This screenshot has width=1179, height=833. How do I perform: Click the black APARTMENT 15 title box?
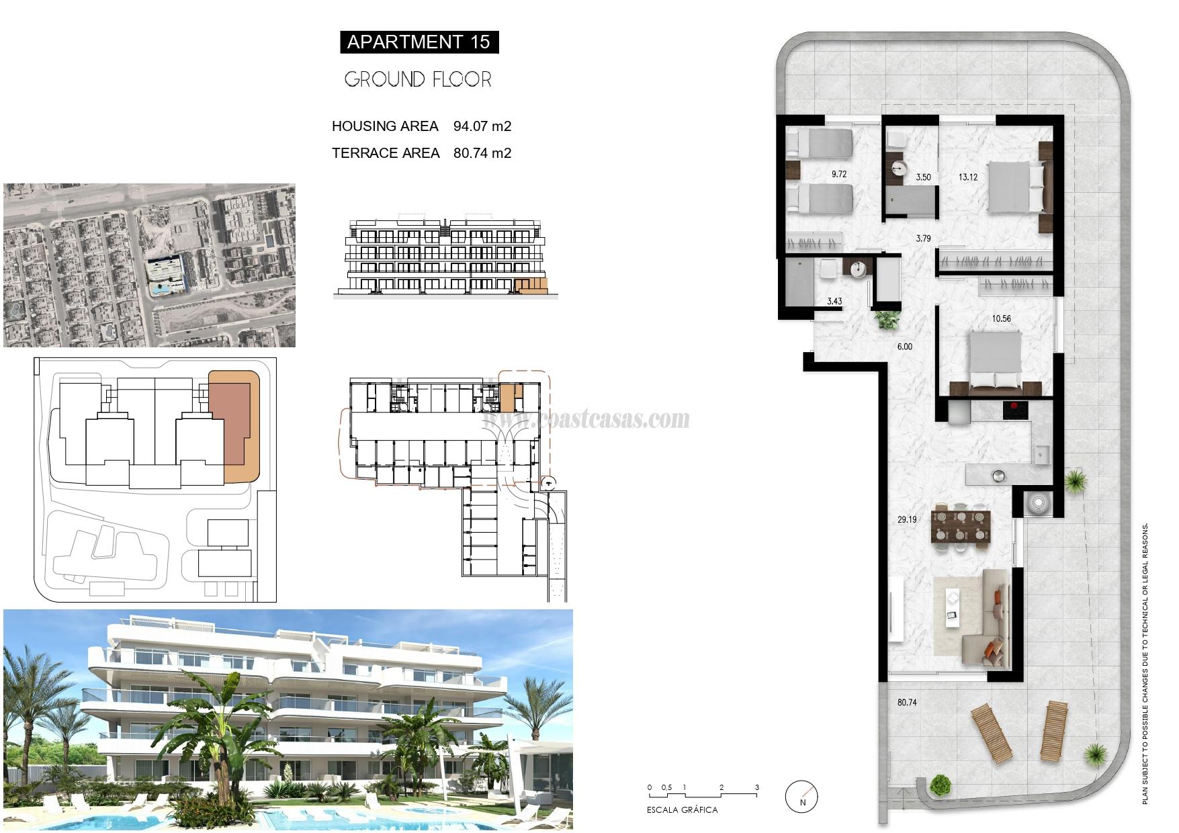coord(419,42)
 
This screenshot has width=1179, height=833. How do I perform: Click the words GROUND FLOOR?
coord(418,80)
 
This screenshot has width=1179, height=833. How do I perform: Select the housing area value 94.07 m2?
coord(482,126)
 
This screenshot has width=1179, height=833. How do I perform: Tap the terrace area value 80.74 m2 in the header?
coord(482,153)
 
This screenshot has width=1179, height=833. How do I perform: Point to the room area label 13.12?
coord(967,177)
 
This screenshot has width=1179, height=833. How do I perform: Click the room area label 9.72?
coord(838,174)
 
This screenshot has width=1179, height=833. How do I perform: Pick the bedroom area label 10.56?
coord(1001,318)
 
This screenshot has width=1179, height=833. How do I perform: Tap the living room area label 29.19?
coord(906,519)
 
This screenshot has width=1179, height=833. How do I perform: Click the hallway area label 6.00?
coord(905,347)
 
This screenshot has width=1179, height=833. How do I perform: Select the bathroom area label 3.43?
coord(834,301)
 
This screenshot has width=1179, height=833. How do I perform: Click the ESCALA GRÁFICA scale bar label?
coord(682,810)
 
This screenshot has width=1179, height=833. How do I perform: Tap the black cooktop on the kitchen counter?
coord(1017,410)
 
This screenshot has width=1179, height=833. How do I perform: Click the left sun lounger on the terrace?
coord(991,732)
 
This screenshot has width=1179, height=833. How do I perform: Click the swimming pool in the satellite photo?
coord(159,290)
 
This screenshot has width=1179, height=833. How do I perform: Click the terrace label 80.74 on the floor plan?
coord(906,703)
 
